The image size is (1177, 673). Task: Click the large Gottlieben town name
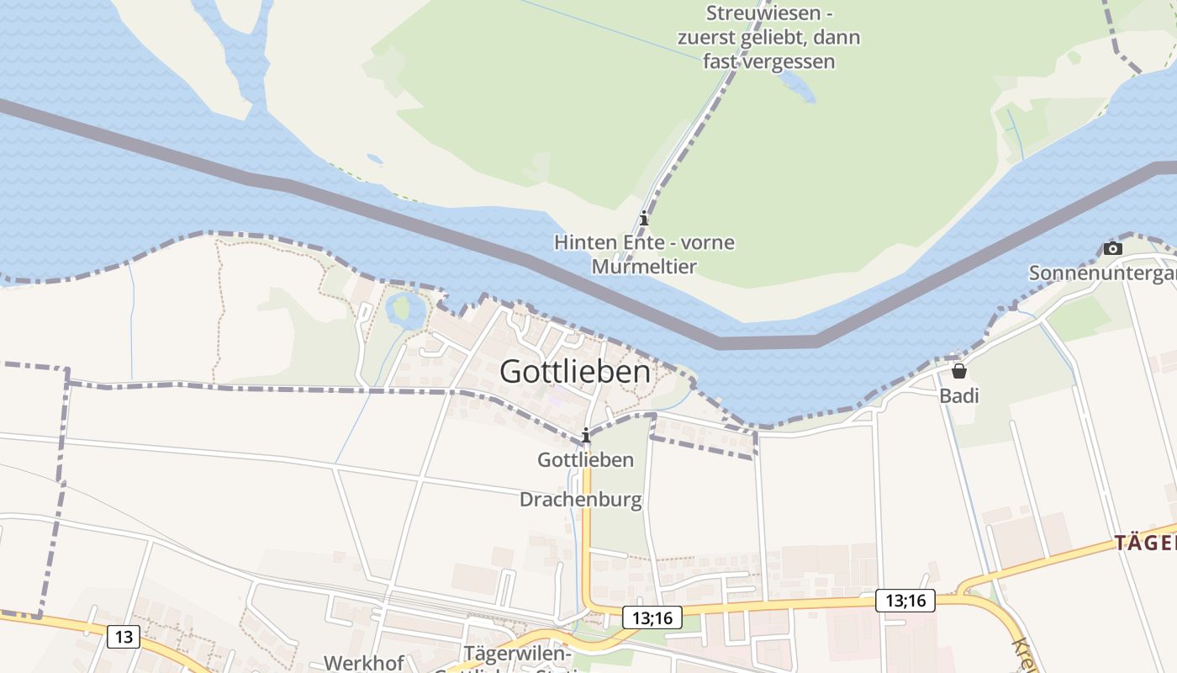click(575, 372)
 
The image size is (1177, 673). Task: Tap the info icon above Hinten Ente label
click(644, 219)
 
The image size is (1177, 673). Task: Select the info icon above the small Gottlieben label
click(586, 435)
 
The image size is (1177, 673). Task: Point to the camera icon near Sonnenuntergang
click(1112, 248)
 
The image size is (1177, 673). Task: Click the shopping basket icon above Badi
click(959, 371)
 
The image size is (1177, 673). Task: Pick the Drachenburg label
click(580, 500)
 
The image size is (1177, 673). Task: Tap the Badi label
click(959, 395)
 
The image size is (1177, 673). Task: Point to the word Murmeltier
click(644, 267)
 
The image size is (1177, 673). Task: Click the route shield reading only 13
click(124, 637)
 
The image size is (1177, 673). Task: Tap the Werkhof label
click(364, 663)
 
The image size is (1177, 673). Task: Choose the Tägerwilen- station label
click(517, 654)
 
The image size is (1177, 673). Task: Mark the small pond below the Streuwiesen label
click(796, 84)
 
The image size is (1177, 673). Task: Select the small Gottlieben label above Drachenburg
click(585, 460)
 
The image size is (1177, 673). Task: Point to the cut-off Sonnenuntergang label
click(1102, 273)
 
